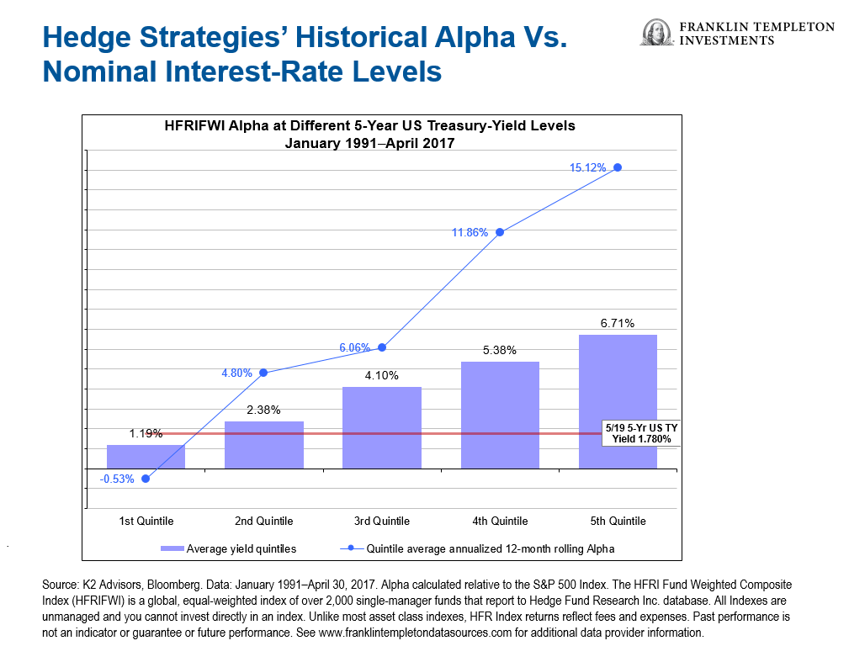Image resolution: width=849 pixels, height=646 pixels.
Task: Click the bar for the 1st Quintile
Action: [x=146, y=457]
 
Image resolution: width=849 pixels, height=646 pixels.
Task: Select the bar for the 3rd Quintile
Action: [x=382, y=427]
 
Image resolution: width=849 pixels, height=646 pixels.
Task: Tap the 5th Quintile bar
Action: [x=618, y=401]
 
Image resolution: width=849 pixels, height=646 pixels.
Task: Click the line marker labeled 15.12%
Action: [x=618, y=167]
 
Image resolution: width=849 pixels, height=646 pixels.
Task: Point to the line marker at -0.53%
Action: [x=146, y=479]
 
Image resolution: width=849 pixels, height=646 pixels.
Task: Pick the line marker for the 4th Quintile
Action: [x=500, y=232]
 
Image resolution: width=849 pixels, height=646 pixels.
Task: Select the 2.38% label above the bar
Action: [x=264, y=410]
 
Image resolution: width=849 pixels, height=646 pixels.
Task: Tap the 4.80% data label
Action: [x=236, y=373]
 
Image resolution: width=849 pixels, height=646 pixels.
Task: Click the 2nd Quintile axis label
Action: [x=264, y=522]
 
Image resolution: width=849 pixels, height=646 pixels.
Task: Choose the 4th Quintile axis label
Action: [x=500, y=522]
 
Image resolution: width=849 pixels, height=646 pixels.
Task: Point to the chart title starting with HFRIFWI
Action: [x=369, y=126]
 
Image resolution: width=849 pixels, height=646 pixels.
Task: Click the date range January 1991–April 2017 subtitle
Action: [x=369, y=143]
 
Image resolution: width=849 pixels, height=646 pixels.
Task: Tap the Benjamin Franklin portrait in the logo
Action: [x=653, y=33]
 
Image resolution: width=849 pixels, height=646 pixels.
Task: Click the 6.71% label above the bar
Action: [x=618, y=324]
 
